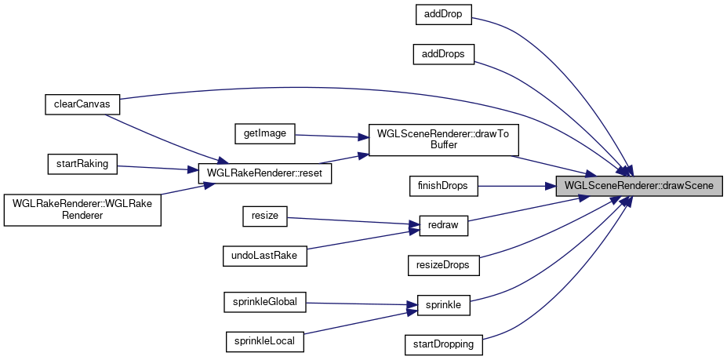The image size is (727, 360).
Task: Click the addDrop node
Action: (x=442, y=14)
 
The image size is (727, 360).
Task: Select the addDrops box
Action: (x=444, y=54)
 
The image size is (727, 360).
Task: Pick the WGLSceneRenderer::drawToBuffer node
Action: (x=443, y=140)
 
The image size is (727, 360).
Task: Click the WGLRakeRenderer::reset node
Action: (x=264, y=173)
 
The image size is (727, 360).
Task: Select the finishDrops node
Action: (x=444, y=186)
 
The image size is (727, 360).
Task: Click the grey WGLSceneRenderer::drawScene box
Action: (x=639, y=186)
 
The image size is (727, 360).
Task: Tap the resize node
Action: (x=265, y=216)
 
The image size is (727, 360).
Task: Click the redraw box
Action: (x=443, y=226)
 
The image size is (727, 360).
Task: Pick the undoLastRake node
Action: (x=265, y=256)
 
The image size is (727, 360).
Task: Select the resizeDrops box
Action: (x=444, y=265)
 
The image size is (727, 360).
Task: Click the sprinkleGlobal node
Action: (x=265, y=300)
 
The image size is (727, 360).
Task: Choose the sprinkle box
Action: (x=443, y=305)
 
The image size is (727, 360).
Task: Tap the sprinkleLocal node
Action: (x=265, y=341)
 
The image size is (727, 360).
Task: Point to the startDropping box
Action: (x=444, y=344)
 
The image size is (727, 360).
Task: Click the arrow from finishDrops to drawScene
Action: (x=517, y=186)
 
